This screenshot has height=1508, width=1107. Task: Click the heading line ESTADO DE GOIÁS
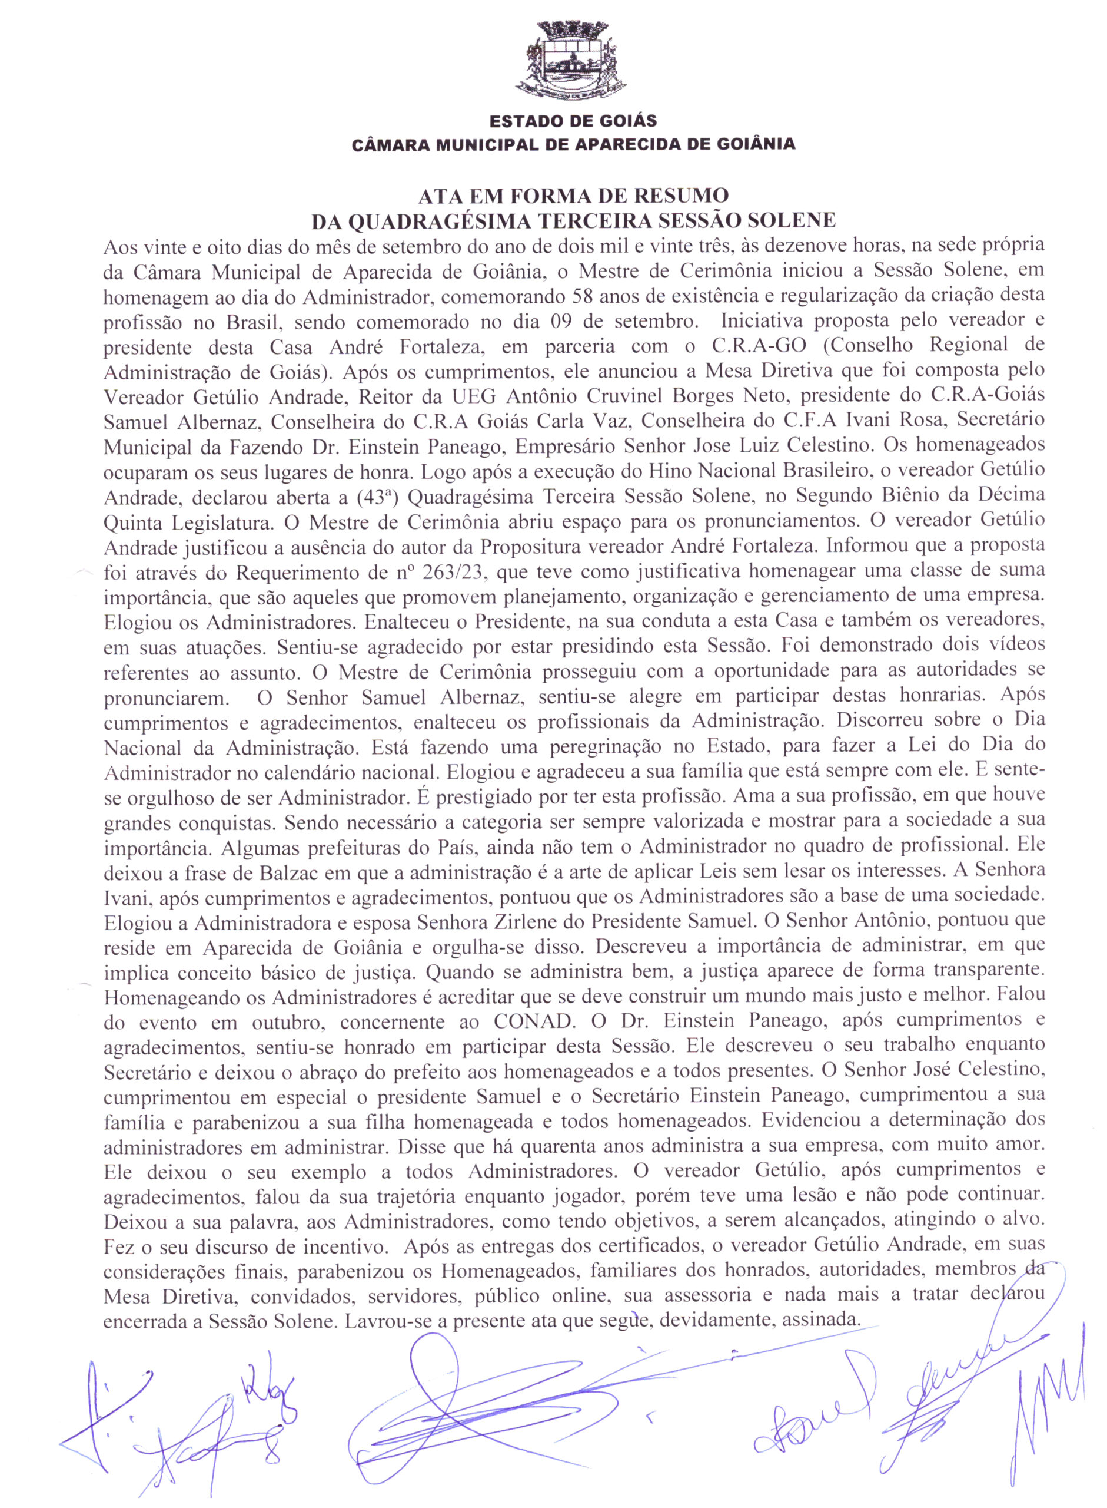pyautogui.click(x=573, y=121)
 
